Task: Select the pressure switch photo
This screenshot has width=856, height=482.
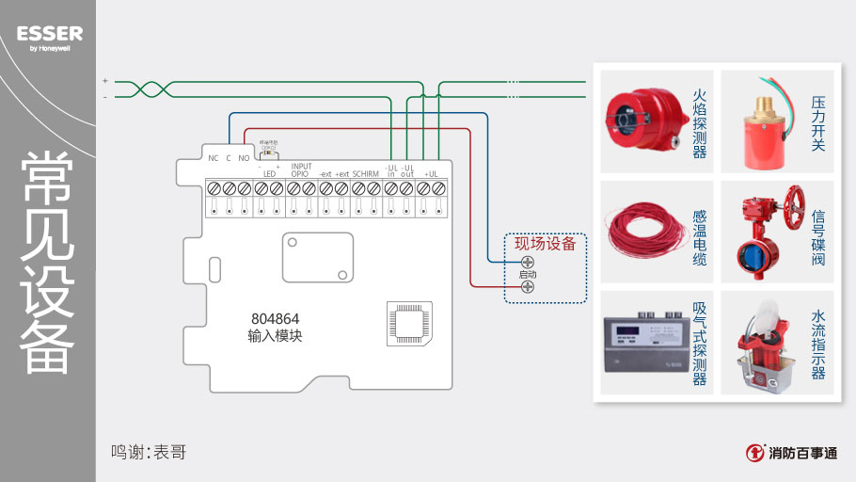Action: pyautogui.click(x=763, y=120)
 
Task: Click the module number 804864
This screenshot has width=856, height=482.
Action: pyautogui.click(x=275, y=318)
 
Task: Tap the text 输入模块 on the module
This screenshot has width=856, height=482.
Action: pyautogui.click(x=275, y=336)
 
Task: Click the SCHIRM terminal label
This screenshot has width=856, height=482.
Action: pyautogui.click(x=365, y=174)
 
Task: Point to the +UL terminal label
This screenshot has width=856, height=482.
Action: pyautogui.click(x=432, y=174)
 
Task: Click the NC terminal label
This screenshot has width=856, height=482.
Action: pyautogui.click(x=213, y=158)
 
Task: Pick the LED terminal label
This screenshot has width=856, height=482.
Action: pyautogui.click(x=269, y=174)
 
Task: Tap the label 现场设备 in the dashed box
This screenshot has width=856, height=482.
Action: pyautogui.click(x=545, y=244)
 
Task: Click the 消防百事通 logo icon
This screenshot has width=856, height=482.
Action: pyautogui.click(x=754, y=453)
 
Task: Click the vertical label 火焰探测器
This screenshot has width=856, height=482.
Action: pyautogui.click(x=699, y=122)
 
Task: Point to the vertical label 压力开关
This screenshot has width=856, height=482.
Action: pyautogui.click(x=818, y=122)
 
